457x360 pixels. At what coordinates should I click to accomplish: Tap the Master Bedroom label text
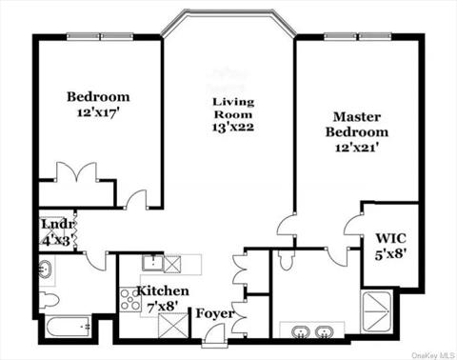coord(357,124)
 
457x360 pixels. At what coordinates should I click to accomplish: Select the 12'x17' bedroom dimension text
coord(98,112)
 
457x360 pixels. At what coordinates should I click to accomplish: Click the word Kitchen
coord(162,291)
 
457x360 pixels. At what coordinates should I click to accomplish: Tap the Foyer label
coord(213,313)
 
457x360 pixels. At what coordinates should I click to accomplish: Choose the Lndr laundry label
coord(52,225)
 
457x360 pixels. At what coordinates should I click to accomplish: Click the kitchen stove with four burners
coord(129,300)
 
